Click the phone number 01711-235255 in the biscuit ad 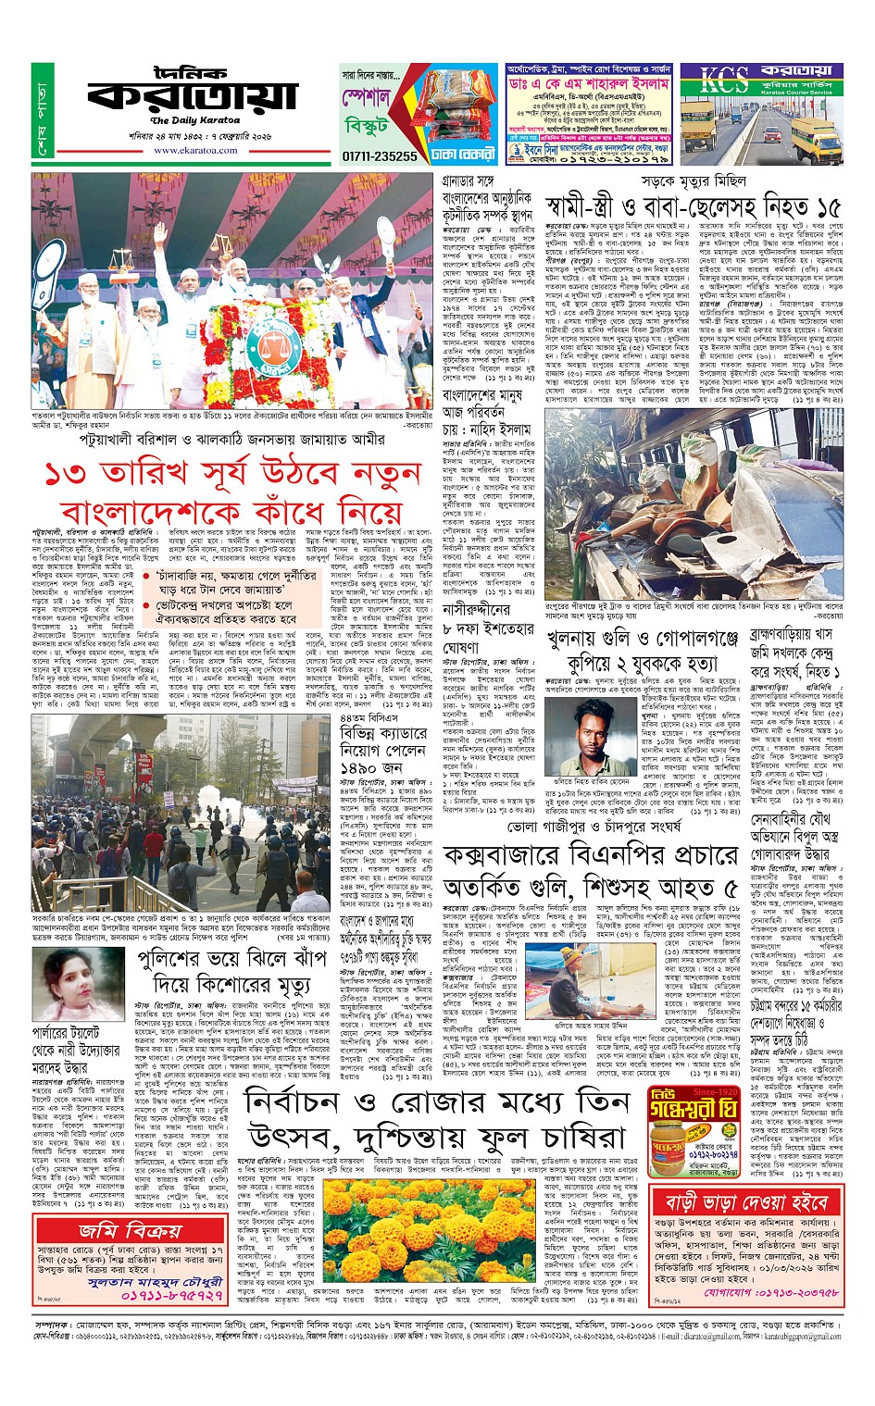[380, 156]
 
